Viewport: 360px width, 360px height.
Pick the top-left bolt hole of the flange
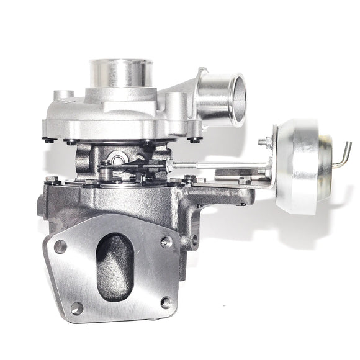pyautogui.click(x=60, y=246)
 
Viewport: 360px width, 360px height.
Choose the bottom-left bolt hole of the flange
pyautogui.click(x=76, y=307)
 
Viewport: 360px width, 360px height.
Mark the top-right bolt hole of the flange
pyautogui.click(x=166, y=242)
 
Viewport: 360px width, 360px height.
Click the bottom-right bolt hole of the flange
pyautogui.click(x=166, y=302)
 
